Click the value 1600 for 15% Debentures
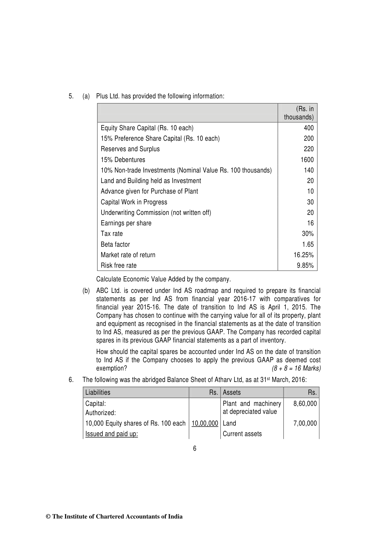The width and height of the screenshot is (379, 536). [307, 160]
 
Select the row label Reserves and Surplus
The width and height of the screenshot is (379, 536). [130, 149]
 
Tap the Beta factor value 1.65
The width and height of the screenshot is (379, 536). [308, 244]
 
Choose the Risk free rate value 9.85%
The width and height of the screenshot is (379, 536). [305, 265]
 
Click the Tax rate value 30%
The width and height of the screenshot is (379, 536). [308, 234]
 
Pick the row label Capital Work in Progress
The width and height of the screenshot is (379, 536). [134, 202]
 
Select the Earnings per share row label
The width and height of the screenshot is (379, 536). [126, 223]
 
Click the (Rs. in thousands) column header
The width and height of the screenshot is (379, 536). [298, 113]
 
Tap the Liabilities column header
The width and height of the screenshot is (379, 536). [98, 392]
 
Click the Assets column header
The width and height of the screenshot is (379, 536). [232, 392]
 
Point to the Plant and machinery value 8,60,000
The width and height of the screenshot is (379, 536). [305, 404]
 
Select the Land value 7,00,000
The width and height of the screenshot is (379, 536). [305, 423]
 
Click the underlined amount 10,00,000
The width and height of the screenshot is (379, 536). [205, 423]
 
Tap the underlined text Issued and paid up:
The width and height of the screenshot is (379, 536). [111, 434]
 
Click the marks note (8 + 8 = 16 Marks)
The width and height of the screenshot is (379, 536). [296, 368]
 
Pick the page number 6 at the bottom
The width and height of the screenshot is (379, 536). [195, 448]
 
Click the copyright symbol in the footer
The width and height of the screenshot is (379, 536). [49, 517]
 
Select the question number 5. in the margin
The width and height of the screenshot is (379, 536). [71, 96]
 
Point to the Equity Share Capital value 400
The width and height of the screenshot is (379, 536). [308, 128]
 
